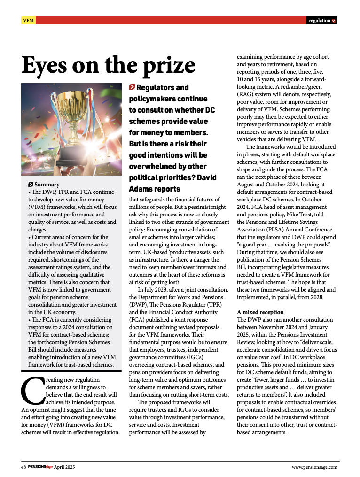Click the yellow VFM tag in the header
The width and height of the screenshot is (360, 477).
pyautogui.click(x=28, y=21)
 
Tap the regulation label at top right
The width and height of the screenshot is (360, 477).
pyautogui.click(x=320, y=21)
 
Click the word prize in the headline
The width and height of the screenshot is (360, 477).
pyautogui.click(x=162, y=65)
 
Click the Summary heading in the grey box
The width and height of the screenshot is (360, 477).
pyautogui.click(x=47, y=185)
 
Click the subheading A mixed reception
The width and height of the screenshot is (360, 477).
pyautogui.click(x=260, y=312)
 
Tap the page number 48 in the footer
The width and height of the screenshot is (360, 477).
pyautogui.click(x=23, y=467)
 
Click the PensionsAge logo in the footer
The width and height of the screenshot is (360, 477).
pyautogui.click(x=40, y=467)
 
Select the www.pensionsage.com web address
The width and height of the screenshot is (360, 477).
pyautogui.click(x=314, y=467)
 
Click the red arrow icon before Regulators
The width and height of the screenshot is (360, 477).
pyautogui.click(x=132, y=87)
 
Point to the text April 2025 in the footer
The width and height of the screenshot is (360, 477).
pyautogui.click(x=64, y=467)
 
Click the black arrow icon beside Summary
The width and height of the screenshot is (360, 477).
pyautogui.click(x=31, y=185)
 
